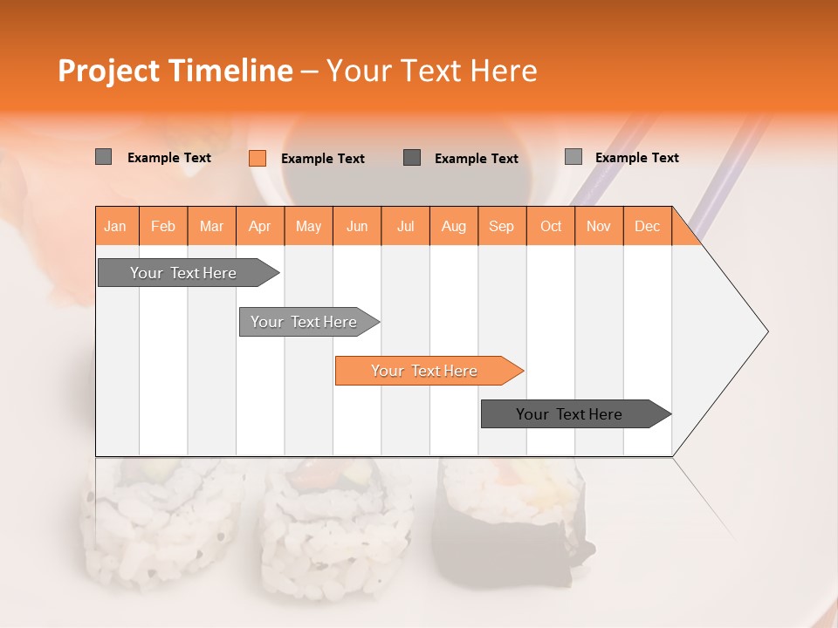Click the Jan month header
tap(115, 226)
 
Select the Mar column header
tap(211, 226)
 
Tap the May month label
tap(308, 226)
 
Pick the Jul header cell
tap(405, 226)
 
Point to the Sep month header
tap(501, 226)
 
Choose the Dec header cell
tap(647, 226)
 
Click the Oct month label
tap(551, 226)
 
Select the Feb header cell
tap(163, 226)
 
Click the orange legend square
tap(258, 158)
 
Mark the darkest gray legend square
tap(412, 158)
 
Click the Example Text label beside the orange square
tap(323, 159)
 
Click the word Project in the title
tap(108, 71)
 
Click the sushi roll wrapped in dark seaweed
tap(515, 523)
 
